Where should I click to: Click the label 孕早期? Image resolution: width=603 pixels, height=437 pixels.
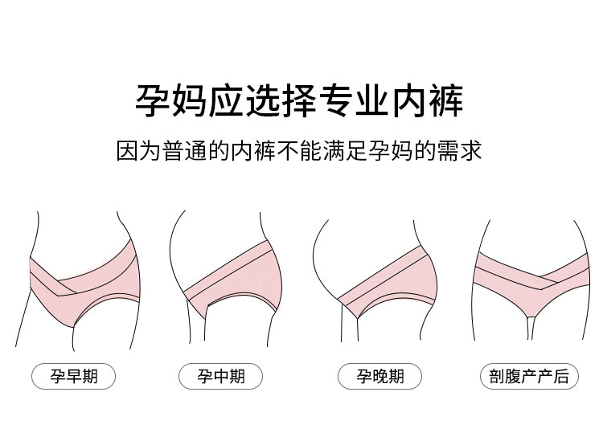(73, 375)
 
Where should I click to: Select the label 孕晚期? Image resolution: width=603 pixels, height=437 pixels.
(379, 375)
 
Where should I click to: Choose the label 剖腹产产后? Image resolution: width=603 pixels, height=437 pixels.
(528, 375)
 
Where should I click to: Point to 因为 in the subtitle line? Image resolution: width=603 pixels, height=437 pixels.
(141, 151)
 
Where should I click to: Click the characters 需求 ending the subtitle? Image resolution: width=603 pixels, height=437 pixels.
(462, 151)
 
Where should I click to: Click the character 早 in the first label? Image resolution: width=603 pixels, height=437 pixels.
(73, 375)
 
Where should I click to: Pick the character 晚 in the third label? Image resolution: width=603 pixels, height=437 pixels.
(379, 375)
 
